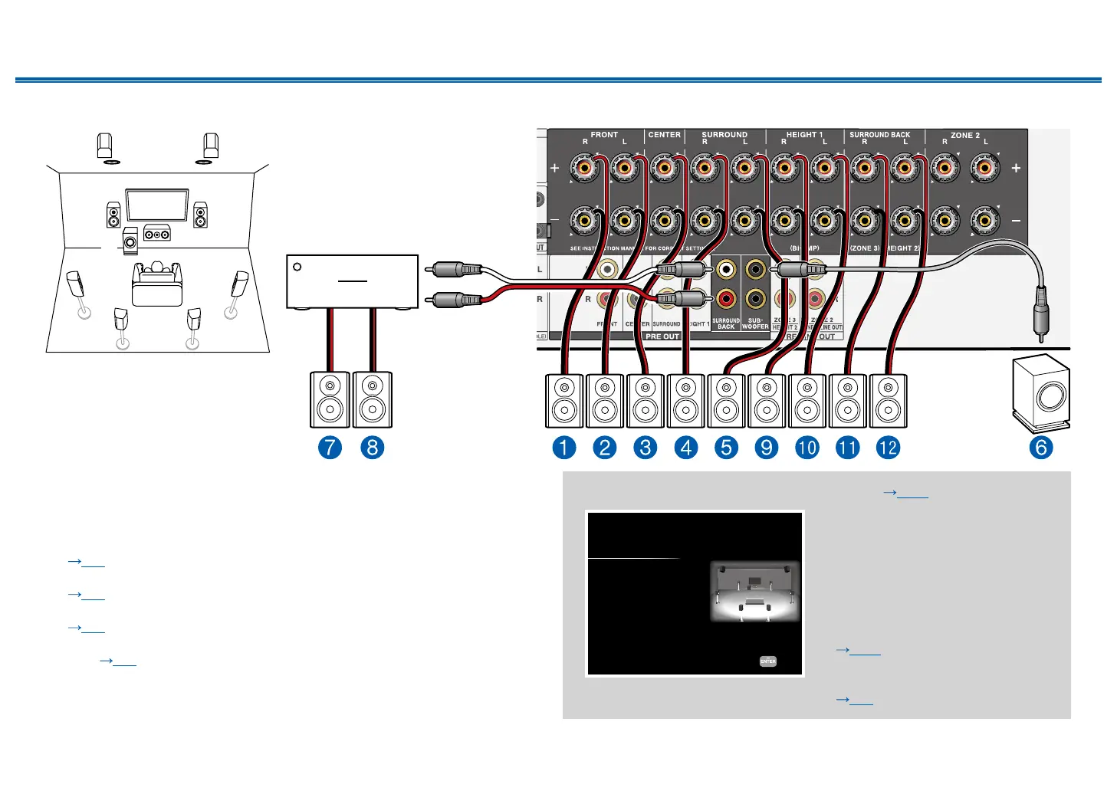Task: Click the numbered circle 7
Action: (330, 448)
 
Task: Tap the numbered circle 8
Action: (372, 448)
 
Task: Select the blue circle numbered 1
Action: (563, 448)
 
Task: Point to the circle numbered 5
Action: (726, 448)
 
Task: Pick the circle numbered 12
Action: (888, 448)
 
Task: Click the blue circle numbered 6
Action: (1041, 448)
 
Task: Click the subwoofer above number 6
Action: (1041, 394)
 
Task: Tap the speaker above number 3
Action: (646, 400)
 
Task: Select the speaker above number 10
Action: (807, 400)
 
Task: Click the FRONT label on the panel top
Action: (604, 135)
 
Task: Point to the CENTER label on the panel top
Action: (664, 135)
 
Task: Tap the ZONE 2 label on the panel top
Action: (964, 136)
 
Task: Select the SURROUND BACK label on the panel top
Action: (879, 135)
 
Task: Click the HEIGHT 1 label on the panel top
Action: (804, 135)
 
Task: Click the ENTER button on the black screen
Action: (767, 661)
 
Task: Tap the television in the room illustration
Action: (156, 205)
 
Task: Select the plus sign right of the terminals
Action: (1016, 168)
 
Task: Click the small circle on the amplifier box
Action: (297, 267)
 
